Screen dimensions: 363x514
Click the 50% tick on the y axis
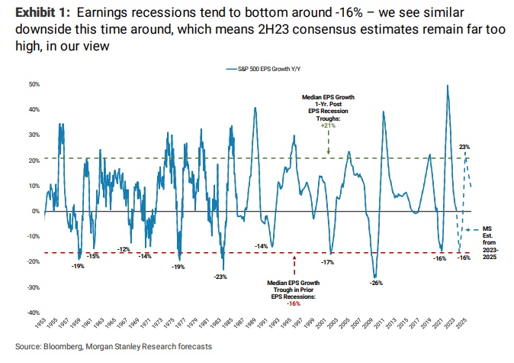click(34, 84)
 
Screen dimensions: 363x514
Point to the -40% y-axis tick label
click(34, 313)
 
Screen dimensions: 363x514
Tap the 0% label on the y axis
click(36, 211)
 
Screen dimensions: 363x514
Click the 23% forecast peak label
click(464, 146)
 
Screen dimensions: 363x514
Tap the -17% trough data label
click(328, 262)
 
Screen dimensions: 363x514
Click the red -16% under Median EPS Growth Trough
click(294, 303)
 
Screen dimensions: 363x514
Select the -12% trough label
click(124, 250)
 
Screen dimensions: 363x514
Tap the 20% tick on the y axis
click(34, 160)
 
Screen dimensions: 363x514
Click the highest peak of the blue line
click(447, 85)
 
